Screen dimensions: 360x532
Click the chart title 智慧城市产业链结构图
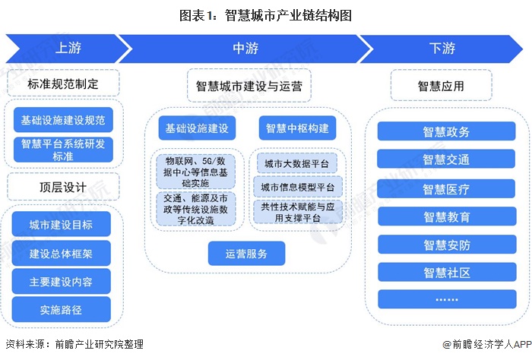point(265,14)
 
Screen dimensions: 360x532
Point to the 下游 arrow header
point(441,49)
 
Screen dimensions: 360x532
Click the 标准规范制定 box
point(62,83)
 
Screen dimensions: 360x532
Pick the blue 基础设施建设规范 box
point(62,121)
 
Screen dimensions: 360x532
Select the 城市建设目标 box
point(61,226)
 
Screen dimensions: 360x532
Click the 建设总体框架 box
point(61,254)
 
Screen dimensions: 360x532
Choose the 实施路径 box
point(61,309)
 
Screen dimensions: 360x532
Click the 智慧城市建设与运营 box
point(249,86)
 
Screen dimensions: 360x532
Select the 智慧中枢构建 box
point(297,128)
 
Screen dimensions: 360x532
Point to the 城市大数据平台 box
point(298,163)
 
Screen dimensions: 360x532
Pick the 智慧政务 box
point(446,132)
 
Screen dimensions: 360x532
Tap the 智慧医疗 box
point(446,188)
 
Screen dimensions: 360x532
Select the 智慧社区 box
point(446,272)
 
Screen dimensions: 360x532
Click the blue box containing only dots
point(446,300)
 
